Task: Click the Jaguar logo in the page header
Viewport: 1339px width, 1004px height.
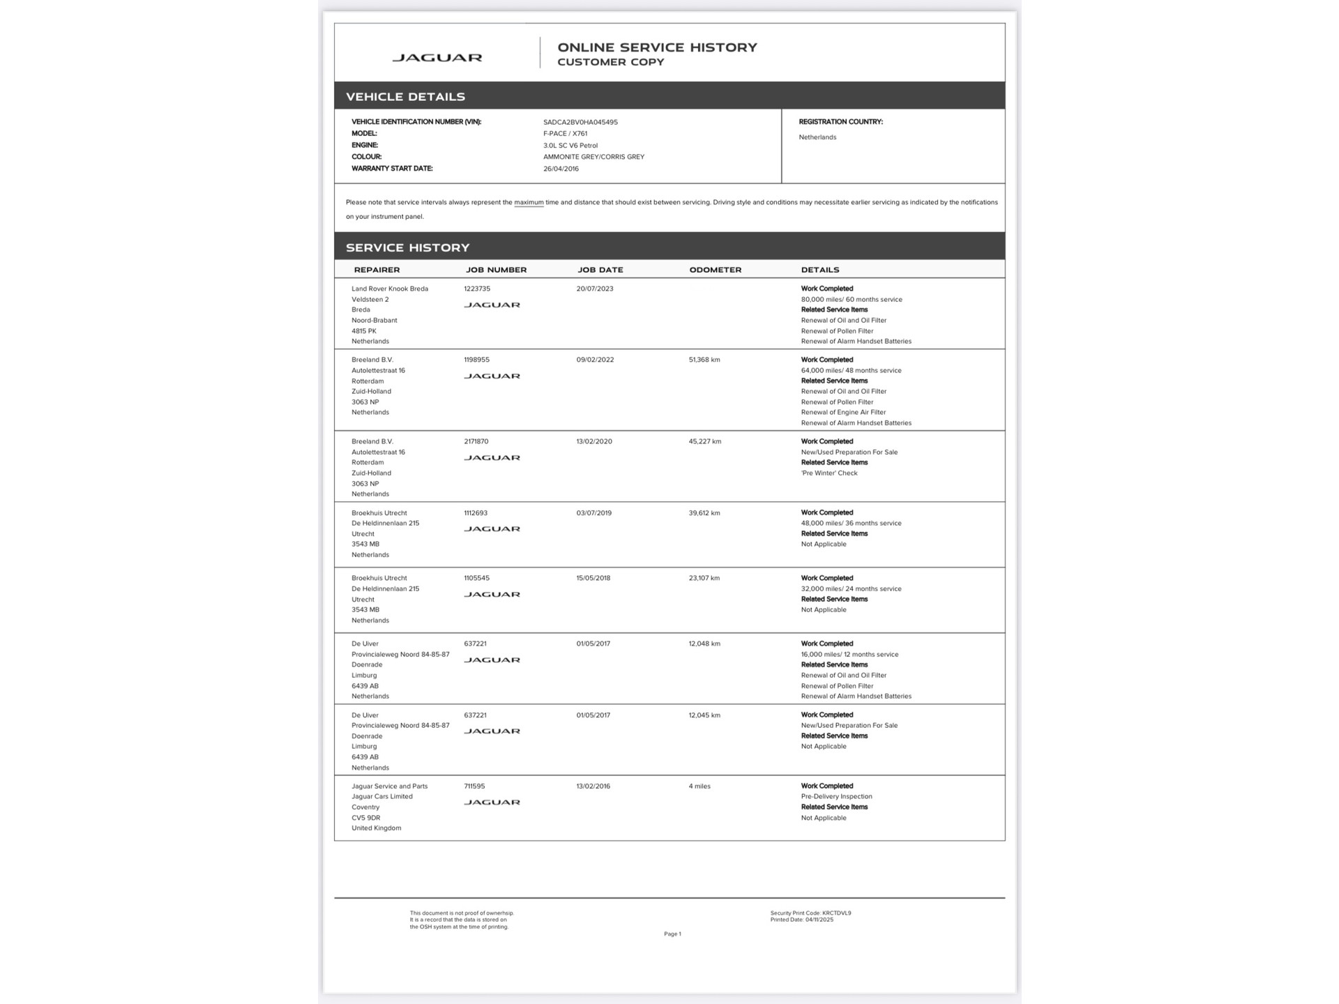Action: pos(437,58)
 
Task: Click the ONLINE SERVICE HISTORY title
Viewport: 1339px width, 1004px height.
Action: pos(657,47)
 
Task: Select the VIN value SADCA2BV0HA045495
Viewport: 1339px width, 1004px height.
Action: pos(580,122)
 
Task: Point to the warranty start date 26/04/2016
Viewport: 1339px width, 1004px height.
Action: pos(561,169)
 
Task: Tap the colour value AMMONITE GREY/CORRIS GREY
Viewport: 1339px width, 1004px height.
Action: pos(593,157)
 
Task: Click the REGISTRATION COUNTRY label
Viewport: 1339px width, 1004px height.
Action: pos(840,122)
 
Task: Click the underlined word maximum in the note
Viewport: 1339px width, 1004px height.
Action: pos(529,203)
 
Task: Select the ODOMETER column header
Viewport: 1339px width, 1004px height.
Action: pos(715,270)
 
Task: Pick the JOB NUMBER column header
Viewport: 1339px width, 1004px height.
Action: pos(496,270)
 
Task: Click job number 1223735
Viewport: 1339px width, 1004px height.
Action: pos(477,289)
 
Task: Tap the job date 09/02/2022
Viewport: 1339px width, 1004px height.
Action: pos(595,360)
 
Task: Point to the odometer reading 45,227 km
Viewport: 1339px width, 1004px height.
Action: pos(704,441)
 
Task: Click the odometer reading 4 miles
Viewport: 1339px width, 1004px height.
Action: pos(699,786)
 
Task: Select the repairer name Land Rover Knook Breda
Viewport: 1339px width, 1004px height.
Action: pos(390,289)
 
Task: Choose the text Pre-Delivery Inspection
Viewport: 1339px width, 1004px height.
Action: pos(836,796)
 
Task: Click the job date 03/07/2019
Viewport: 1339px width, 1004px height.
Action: pos(593,513)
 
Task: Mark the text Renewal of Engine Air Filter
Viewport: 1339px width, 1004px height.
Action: pos(843,412)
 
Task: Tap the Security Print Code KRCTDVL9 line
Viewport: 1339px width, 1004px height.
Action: pos(810,913)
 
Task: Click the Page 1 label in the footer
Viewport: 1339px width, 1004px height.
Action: pos(672,934)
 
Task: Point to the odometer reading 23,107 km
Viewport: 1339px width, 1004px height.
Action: pos(704,578)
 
